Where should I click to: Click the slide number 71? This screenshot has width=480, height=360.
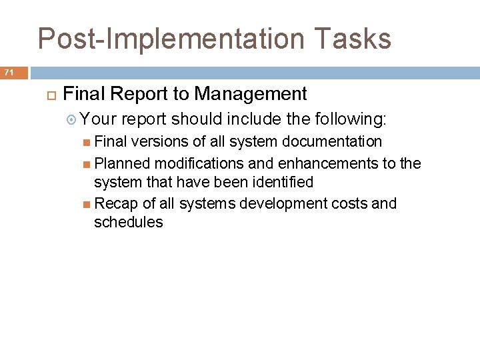coord(9,71)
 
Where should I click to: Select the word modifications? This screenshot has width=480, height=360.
coord(189,163)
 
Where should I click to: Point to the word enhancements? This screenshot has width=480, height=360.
coord(321,163)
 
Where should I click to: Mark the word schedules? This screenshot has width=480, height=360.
coord(128,223)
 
